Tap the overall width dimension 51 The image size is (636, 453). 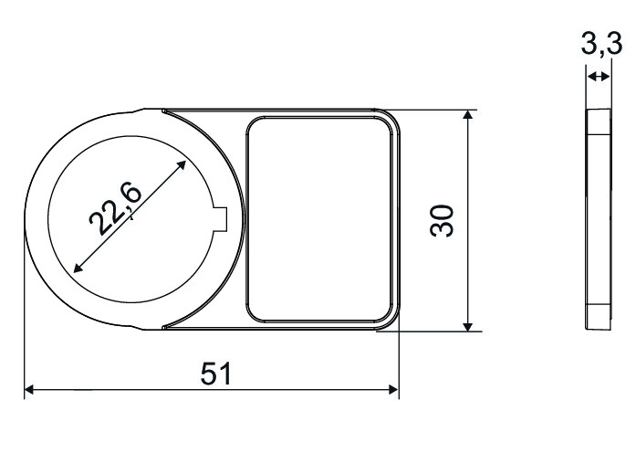[216, 374]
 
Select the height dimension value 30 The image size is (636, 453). [443, 220]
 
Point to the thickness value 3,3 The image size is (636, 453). [601, 44]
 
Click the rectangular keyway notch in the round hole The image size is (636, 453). [221, 219]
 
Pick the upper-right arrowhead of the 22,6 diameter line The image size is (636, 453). [181, 165]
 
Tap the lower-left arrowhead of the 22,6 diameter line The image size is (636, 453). [78, 267]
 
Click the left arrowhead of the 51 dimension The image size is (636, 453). [29, 390]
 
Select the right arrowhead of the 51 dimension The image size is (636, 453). [394, 390]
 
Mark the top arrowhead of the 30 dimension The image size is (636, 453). [468, 114]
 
